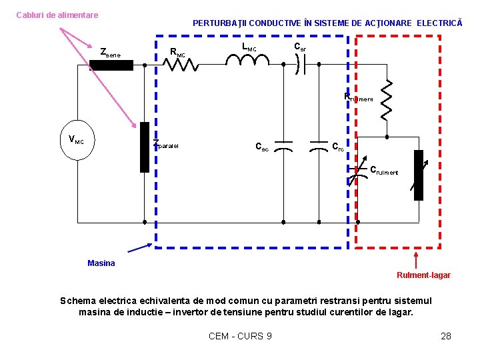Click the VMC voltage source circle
(x=77, y=141)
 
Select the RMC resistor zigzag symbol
(x=184, y=65)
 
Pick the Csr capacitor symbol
(x=301, y=64)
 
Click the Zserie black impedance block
(x=112, y=65)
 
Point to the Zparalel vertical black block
(x=144, y=147)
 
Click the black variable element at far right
(x=418, y=175)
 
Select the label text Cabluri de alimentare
(x=57, y=15)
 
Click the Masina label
(x=101, y=263)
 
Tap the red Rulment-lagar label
(x=423, y=275)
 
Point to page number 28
(x=446, y=336)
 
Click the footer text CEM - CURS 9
(x=240, y=336)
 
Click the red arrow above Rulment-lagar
(x=417, y=259)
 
